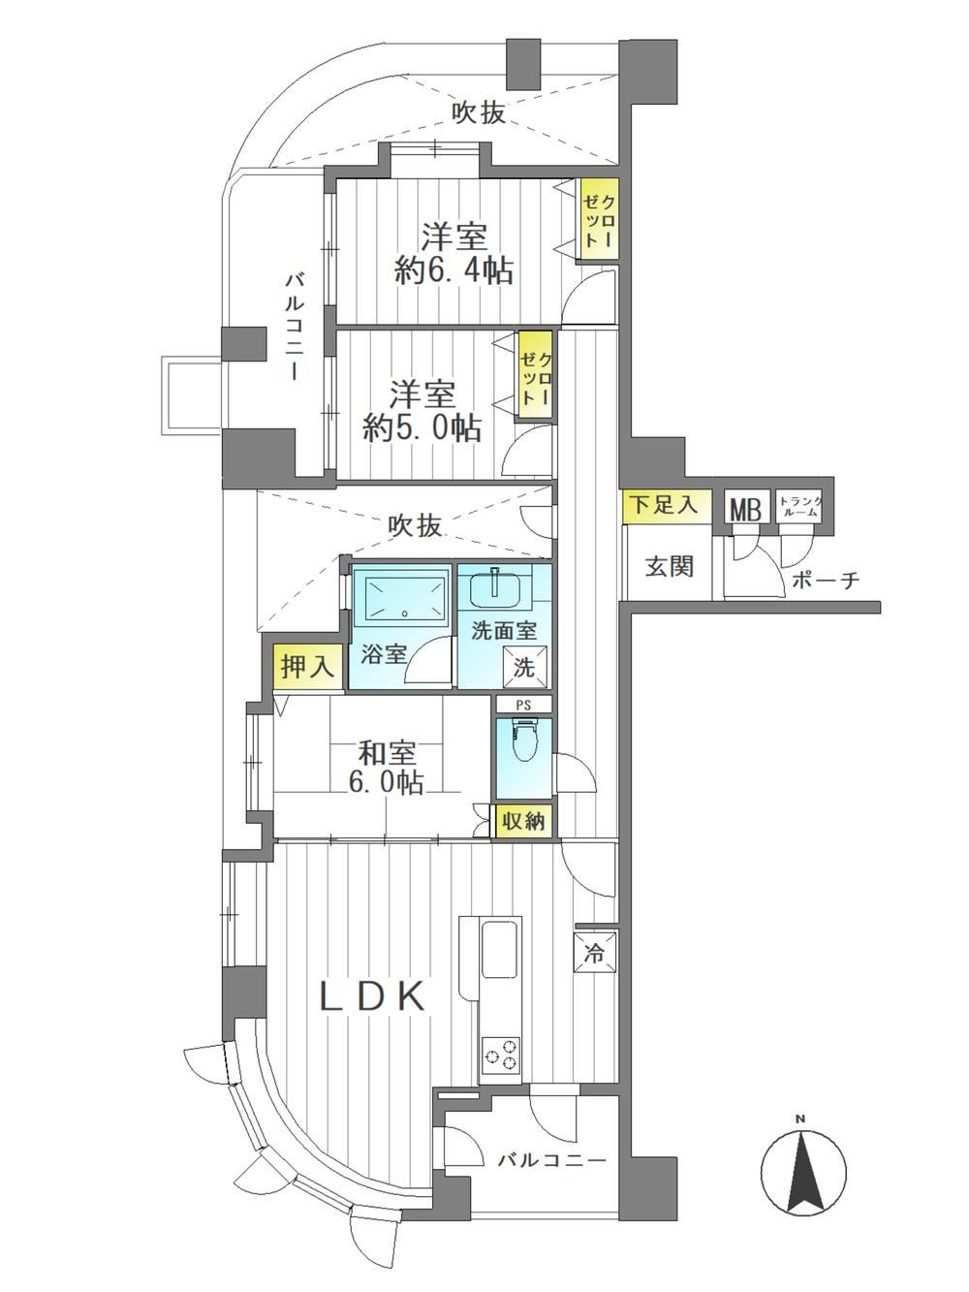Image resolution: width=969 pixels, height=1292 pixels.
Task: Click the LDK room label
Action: [371, 996]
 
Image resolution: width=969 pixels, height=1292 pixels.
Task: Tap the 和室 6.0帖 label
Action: [387, 768]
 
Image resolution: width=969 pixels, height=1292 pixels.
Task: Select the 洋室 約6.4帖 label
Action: [453, 255]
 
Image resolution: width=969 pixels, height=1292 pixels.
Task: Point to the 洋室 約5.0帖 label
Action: [422, 411]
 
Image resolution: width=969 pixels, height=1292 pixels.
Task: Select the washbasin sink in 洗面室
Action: [493, 588]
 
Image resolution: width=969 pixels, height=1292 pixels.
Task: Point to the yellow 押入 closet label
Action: [307, 667]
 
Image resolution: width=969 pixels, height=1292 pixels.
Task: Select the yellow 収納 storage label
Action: [523, 821]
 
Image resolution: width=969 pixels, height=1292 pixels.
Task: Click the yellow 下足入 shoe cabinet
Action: [666, 505]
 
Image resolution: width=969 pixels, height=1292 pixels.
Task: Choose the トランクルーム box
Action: [800, 506]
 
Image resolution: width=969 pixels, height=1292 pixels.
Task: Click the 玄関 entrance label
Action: [670, 566]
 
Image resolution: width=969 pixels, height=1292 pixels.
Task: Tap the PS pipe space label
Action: [523, 705]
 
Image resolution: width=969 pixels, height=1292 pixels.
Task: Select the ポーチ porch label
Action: [826, 581]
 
